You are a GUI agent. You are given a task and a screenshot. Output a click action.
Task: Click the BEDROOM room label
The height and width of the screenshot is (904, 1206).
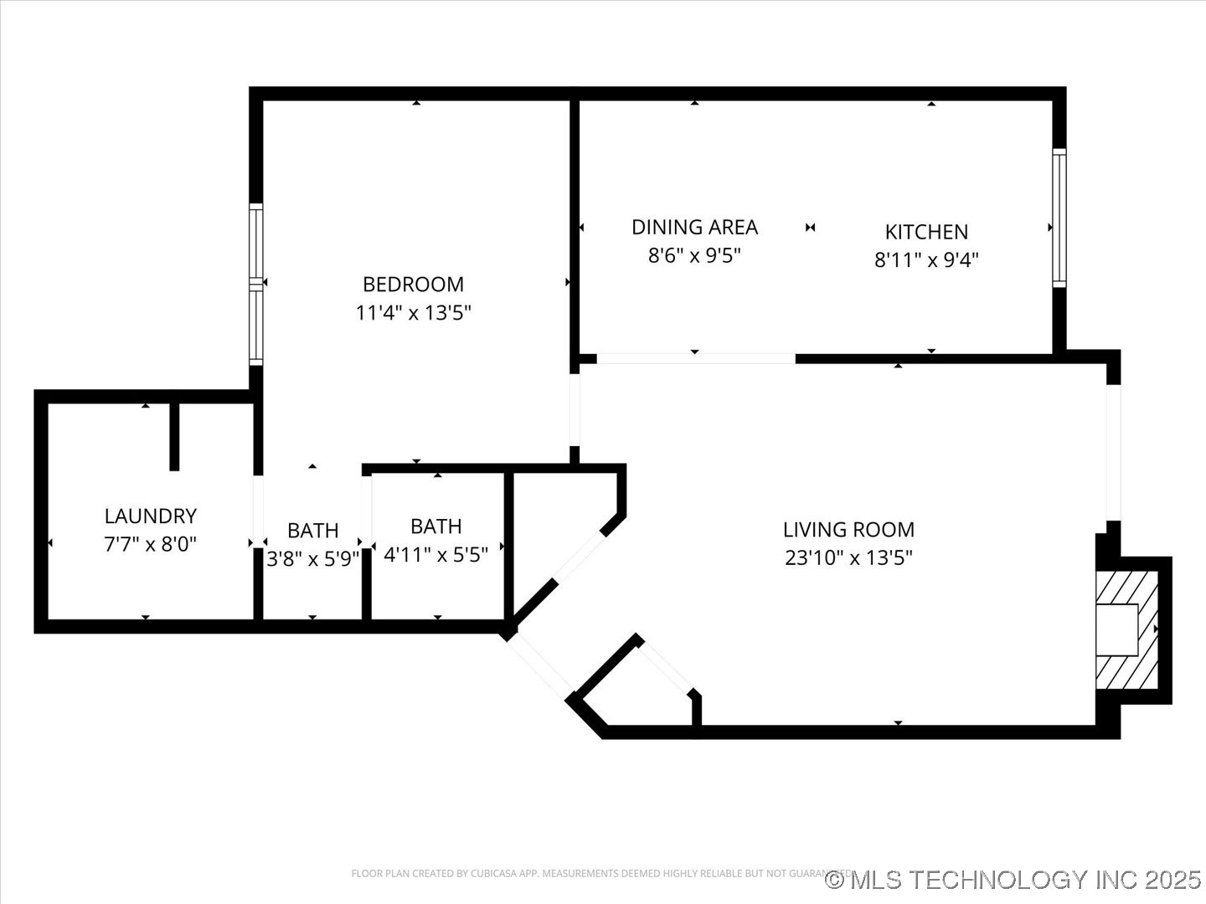click(413, 284)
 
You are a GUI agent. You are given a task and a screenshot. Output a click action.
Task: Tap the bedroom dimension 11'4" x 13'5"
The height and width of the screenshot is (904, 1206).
click(413, 313)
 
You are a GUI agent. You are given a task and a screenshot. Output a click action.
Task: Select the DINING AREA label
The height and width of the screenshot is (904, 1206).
click(694, 227)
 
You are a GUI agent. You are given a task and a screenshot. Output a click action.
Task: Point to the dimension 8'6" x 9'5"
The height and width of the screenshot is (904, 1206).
click(694, 255)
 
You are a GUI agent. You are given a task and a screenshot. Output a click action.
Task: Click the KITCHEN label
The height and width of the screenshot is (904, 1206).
click(926, 232)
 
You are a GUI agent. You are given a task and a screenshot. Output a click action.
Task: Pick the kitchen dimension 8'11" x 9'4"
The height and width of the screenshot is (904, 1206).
click(926, 259)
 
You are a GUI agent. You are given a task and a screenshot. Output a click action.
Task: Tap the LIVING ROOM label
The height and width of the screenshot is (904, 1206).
click(848, 529)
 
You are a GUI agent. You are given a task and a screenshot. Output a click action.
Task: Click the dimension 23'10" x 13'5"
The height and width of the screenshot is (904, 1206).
click(848, 557)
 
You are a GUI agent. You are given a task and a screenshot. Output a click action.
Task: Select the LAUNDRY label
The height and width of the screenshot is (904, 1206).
click(150, 516)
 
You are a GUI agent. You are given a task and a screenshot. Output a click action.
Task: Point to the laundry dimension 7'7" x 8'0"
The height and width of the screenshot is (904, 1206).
click(150, 544)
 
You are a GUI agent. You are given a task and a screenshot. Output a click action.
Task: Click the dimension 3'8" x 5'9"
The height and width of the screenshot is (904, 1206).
click(312, 558)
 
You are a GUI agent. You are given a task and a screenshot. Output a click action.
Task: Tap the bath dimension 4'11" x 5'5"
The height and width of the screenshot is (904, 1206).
click(435, 554)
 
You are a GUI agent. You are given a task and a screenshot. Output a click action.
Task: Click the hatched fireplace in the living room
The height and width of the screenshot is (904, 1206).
click(1127, 629)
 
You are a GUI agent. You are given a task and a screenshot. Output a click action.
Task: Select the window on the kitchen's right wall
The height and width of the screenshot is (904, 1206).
click(1059, 218)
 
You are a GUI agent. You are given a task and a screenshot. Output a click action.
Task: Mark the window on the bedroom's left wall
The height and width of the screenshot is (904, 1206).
click(256, 284)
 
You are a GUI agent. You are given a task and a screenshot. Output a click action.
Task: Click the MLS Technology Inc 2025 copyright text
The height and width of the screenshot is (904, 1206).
click(1013, 880)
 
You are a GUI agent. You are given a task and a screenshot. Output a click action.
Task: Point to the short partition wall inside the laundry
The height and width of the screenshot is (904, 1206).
click(174, 435)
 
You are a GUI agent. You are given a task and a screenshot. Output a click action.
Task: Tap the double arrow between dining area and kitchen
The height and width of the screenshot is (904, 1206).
click(810, 228)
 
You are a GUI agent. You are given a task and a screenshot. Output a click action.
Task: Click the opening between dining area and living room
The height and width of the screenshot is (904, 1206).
click(695, 359)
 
